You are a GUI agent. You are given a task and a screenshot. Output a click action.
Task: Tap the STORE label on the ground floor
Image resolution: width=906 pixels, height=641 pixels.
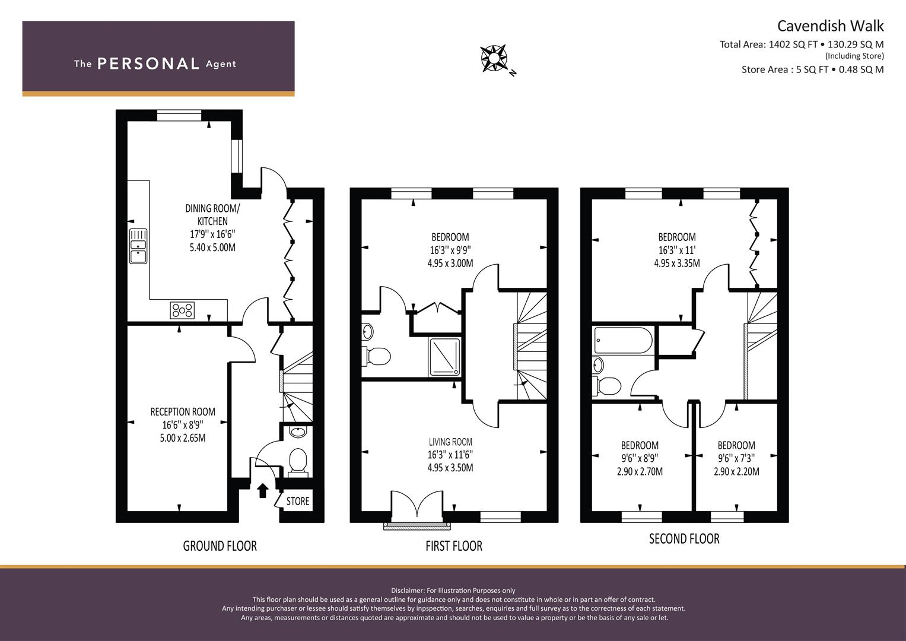coord(298,502)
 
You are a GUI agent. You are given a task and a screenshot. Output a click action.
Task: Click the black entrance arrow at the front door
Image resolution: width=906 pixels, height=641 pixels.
coord(263,490)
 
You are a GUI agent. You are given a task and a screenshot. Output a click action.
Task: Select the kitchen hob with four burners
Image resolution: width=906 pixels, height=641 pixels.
coord(182,310)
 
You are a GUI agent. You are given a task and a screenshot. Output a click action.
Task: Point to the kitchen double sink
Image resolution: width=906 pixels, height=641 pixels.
coord(138,246)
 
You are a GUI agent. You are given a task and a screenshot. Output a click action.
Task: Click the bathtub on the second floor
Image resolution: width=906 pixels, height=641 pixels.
coord(623,340)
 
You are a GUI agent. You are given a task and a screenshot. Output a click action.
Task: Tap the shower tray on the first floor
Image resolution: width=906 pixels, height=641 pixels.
coord(444,357)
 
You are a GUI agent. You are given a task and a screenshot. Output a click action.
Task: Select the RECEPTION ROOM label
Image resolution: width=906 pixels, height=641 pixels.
coord(183,412)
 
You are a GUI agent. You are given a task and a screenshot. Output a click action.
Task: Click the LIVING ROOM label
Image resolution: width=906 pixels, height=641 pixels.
coord(450,442)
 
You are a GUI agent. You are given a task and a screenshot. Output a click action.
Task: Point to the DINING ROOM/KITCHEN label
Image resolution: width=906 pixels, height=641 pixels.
coord(212,214)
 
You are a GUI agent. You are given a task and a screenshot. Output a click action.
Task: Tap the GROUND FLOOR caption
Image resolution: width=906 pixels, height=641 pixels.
coord(220,546)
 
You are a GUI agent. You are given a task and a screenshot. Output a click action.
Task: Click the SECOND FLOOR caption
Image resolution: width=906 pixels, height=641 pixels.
coord(684,539)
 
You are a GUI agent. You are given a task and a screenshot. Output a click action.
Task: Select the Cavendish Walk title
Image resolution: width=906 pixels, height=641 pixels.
coord(831,26)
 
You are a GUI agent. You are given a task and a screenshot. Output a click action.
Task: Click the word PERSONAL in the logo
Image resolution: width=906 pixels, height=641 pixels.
coord(148,64)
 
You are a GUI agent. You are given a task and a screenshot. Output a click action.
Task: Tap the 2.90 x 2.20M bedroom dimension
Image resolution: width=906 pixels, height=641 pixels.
coord(736,471)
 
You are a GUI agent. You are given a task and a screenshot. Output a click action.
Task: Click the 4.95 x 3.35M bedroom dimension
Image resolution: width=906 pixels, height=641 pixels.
coord(676,263)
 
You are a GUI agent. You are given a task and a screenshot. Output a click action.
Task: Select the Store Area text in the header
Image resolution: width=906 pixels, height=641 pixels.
coord(812,69)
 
